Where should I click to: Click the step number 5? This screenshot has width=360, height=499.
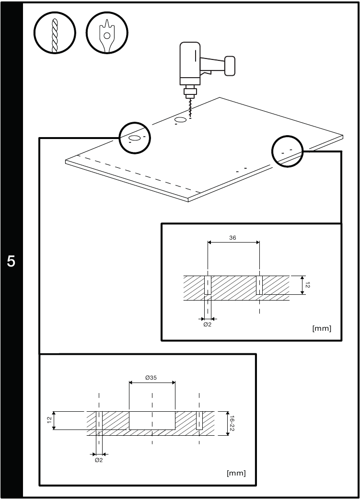(11, 262)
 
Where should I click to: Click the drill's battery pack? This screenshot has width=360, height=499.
(230, 65)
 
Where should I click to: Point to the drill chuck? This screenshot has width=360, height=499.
(190, 91)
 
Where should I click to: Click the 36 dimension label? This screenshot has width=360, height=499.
(232, 237)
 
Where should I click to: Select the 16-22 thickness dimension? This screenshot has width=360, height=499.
(232, 423)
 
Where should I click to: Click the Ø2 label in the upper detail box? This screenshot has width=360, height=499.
(207, 325)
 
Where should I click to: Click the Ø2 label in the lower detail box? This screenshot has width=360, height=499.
(99, 460)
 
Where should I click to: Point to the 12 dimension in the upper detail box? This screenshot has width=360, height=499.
(308, 285)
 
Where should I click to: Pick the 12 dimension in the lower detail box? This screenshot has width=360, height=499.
(49, 420)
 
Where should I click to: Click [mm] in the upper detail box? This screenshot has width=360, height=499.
(321, 329)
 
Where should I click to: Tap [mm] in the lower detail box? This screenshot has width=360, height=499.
(236, 473)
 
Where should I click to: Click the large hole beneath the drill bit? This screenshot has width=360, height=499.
(181, 119)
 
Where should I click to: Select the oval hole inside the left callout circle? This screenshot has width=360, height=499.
(135, 138)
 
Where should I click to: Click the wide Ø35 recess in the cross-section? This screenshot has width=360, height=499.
(152, 420)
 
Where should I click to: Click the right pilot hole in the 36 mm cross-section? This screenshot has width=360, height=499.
(259, 285)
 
